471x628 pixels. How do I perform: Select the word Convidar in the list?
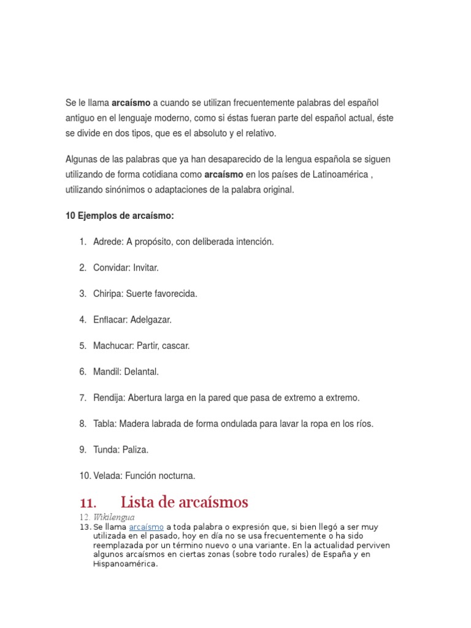tap(111, 267)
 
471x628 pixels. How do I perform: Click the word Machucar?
tap(113, 346)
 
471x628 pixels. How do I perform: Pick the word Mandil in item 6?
tap(106, 372)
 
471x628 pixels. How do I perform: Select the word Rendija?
tap(109, 398)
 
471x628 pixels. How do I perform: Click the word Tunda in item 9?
tap(105, 450)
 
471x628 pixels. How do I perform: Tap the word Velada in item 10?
tap(107, 476)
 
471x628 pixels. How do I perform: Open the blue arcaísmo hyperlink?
tap(146, 527)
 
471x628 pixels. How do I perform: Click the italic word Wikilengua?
tap(113, 517)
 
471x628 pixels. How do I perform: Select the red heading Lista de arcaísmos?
tap(184, 502)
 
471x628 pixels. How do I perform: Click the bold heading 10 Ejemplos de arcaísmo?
tap(120, 216)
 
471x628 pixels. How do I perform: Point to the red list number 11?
tap(88, 502)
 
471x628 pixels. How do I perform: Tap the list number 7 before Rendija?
tap(82, 398)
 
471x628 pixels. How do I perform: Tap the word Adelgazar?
tap(151, 320)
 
